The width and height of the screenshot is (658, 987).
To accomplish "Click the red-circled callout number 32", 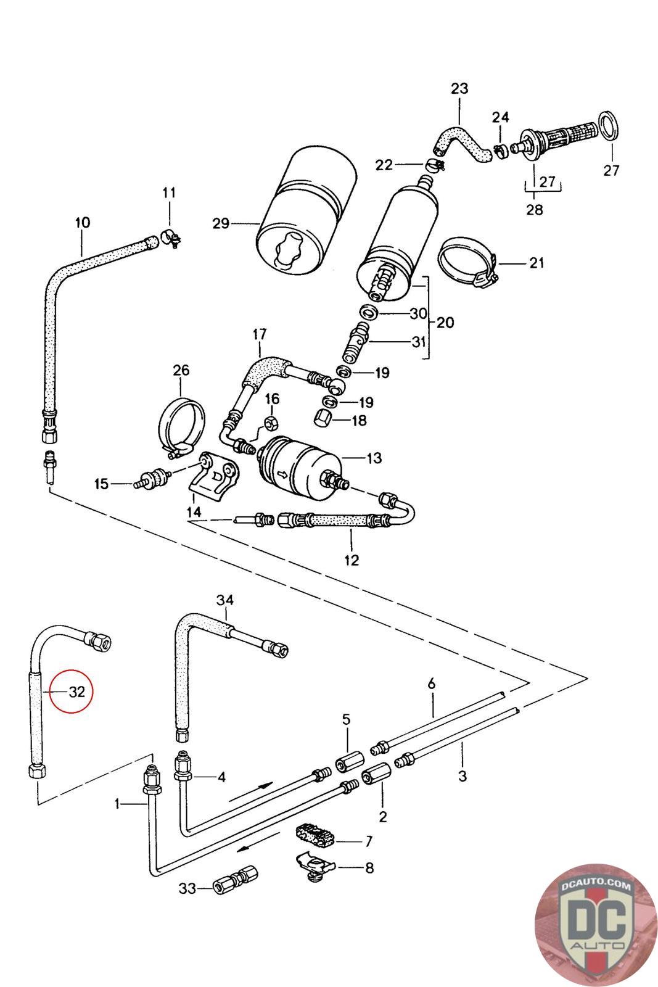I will coord(76,692).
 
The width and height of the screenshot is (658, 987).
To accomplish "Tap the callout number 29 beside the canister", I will coord(221,223).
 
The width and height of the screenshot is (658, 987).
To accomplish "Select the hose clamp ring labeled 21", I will coord(468,262).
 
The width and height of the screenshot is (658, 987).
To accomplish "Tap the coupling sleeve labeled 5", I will coord(345,765).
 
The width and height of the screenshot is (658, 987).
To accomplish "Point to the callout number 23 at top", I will coord(459,88).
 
